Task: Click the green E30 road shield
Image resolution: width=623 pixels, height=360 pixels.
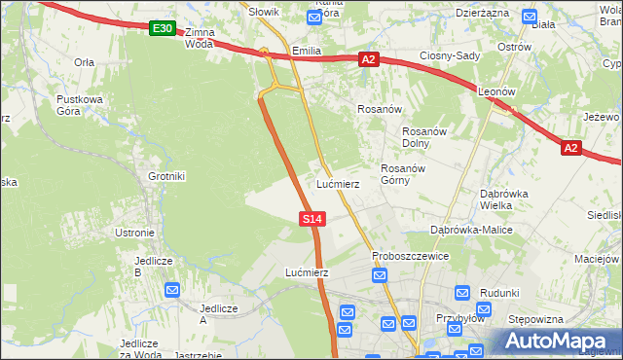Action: (x=163, y=29)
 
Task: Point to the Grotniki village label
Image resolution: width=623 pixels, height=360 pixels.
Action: (x=166, y=176)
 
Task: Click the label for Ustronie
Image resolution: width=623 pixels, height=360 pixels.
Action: (x=134, y=233)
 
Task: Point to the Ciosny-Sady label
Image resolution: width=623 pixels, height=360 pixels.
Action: (x=450, y=56)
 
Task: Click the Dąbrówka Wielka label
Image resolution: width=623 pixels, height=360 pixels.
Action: (x=504, y=198)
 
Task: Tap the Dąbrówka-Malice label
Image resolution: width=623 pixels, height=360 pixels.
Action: (x=471, y=230)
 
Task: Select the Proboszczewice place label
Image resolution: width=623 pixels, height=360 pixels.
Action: (x=410, y=256)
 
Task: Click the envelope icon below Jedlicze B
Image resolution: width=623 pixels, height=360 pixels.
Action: (x=172, y=289)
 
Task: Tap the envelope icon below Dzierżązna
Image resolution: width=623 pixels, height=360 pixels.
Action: (x=529, y=17)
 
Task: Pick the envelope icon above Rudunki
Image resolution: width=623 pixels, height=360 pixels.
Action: (x=462, y=292)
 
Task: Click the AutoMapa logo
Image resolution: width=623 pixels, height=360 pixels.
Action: (x=555, y=341)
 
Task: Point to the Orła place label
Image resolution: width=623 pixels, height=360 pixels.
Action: (x=84, y=61)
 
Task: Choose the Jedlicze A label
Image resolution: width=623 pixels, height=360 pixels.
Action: (x=218, y=314)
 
